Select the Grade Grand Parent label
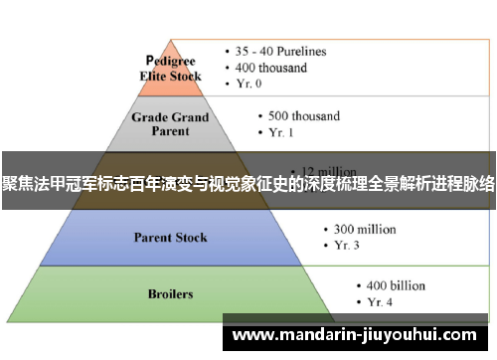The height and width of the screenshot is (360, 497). tap(171, 124)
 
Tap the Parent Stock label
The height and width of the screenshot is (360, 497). tap(171, 238)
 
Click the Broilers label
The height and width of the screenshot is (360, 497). tap(171, 294)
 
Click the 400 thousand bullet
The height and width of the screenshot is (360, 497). tap(272, 68)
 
